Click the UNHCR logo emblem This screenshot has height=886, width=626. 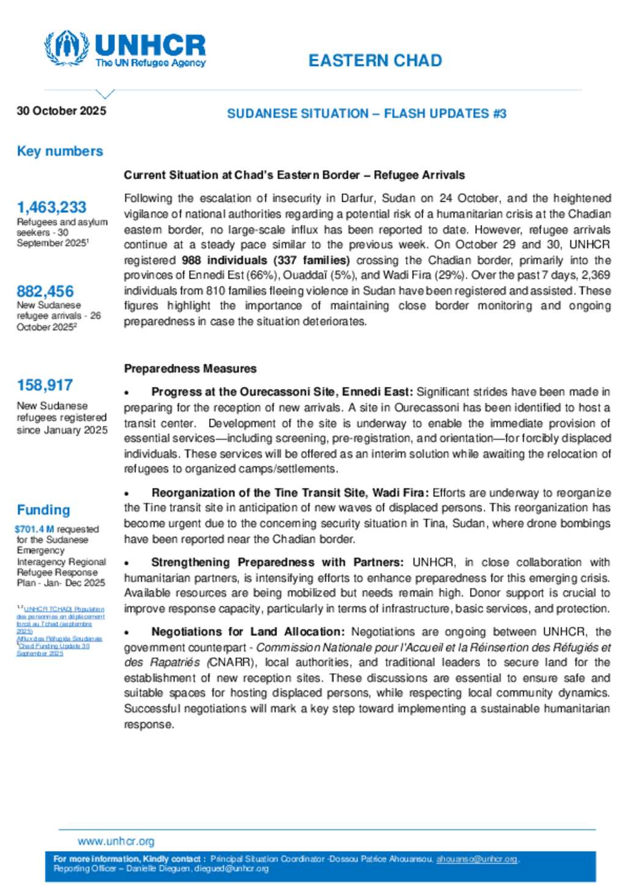click(x=66, y=47)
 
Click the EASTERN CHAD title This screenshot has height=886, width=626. click(x=375, y=61)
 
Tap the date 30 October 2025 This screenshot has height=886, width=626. click(x=61, y=111)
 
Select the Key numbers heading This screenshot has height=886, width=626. click(x=60, y=151)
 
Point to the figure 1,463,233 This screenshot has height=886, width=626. click(x=51, y=207)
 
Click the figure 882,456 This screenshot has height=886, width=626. click(x=45, y=292)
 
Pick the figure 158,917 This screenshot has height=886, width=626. click(x=45, y=385)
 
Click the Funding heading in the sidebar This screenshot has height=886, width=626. click(x=43, y=510)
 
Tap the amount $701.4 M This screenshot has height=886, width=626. click(x=34, y=529)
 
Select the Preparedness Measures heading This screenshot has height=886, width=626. click(x=190, y=369)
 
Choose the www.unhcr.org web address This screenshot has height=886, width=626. click(x=116, y=841)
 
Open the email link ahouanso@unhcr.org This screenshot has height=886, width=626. click(x=476, y=859)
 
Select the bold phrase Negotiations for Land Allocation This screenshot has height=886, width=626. click(x=248, y=632)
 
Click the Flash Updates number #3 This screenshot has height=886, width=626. click(x=499, y=114)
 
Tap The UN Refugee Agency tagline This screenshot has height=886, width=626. click(x=150, y=63)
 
